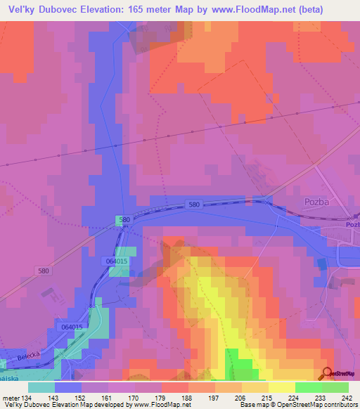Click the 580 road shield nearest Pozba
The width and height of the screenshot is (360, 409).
point(195,204)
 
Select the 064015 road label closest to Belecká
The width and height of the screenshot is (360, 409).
point(72,327)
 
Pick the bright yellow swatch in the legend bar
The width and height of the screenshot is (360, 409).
point(281,387)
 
